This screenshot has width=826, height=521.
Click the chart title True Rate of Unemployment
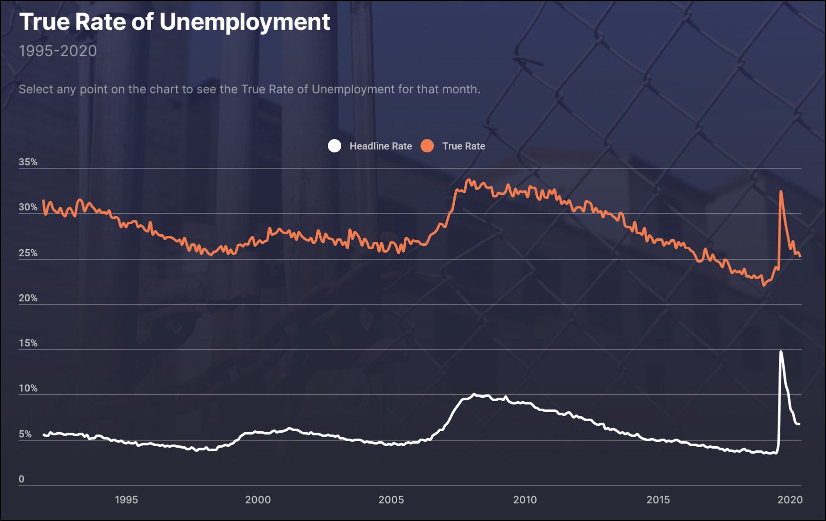(175, 22)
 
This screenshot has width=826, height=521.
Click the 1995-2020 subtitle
(58, 51)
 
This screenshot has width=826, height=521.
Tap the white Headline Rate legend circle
(334, 146)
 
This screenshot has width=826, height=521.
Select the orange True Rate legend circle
(427, 146)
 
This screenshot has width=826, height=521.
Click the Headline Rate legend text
(380, 146)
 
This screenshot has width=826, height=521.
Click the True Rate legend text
(464, 146)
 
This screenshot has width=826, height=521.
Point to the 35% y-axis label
(28, 162)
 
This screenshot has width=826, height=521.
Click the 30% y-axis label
(28, 207)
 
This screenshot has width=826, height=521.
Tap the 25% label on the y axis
(28, 253)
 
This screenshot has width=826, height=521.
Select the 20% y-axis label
(28, 298)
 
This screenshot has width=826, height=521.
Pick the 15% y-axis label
(28, 343)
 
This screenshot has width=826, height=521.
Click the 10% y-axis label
(28, 388)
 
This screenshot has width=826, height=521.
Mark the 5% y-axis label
(25, 434)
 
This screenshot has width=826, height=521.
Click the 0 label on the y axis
(22, 479)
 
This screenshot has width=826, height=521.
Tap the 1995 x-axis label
(126, 500)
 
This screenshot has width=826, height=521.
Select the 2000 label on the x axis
(258, 500)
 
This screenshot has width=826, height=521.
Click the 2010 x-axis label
(525, 500)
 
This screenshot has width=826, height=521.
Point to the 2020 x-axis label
(790, 500)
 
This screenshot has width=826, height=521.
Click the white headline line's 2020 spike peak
(781, 352)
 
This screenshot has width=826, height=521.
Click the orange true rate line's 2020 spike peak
(781, 192)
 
